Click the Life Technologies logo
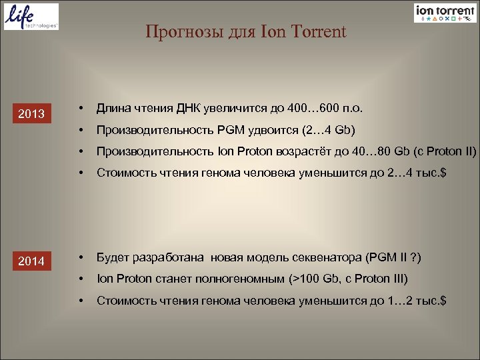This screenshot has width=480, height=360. click(31, 17)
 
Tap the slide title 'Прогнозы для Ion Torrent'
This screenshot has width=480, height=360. click(246, 31)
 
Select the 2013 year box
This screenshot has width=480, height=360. click(31, 114)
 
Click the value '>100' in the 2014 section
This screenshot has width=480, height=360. click(313, 279)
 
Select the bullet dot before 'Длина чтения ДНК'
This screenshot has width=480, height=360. click(79, 108)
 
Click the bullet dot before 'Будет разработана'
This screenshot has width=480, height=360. click(79, 257)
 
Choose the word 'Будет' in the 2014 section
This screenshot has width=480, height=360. click(112, 257)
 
